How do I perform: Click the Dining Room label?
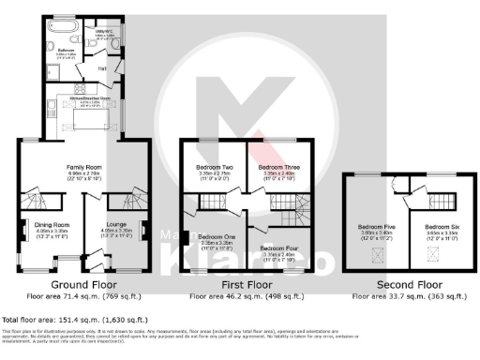point(53,225)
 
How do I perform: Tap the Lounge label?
point(112,225)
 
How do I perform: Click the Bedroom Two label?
point(215,167)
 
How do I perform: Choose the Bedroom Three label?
point(277,167)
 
